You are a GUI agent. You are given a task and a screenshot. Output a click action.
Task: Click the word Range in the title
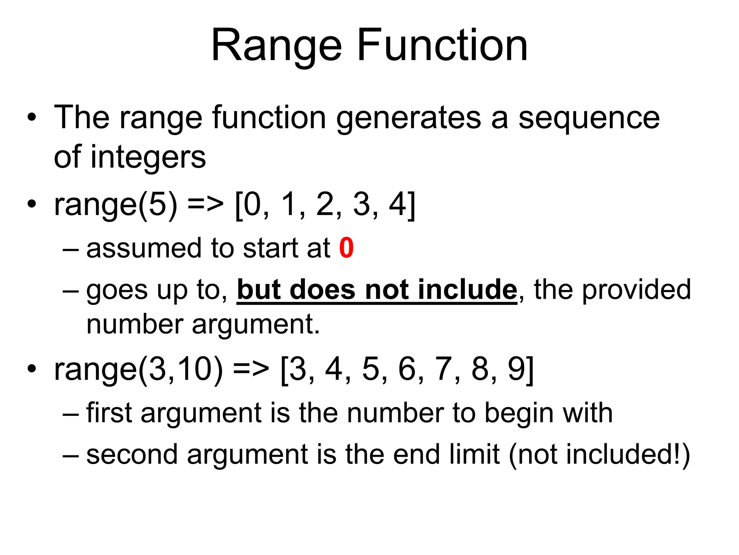(x=276, y=46)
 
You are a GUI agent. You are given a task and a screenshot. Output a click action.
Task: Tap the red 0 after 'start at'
(x=346, y=248)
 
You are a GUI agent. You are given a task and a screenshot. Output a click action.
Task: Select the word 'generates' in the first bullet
(x=408, y=118)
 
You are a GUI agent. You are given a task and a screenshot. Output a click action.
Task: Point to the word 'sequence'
(x=589, y=118)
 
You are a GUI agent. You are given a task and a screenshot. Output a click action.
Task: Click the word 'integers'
(x=148, y=158)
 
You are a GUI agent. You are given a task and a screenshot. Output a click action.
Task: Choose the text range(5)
(x=115, y=205)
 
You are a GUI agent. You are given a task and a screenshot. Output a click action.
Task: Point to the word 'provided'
(x=637, y=290)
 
